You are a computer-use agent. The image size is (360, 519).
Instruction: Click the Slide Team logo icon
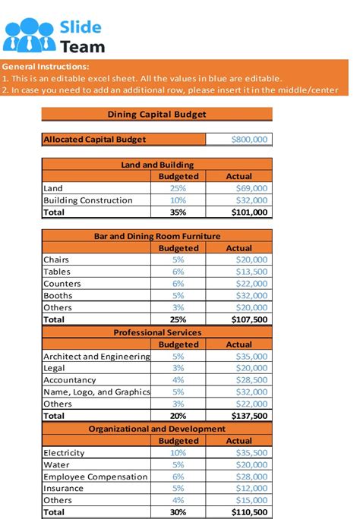point(29,35)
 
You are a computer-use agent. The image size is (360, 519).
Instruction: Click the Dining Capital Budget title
point(156,115)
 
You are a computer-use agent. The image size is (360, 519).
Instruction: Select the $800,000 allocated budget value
point(248,140)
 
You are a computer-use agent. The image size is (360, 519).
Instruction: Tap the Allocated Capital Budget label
point(94,140)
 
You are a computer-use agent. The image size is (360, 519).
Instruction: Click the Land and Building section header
point(156,164)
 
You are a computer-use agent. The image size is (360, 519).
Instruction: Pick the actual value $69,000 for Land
point(251,188)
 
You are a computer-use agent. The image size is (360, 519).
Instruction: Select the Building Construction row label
point(87,200)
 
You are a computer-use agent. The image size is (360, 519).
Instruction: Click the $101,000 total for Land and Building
point(249,212)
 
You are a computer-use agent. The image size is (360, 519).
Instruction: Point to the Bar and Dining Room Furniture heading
point(156,236)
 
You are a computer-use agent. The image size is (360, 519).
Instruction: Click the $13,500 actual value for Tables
point(251,272)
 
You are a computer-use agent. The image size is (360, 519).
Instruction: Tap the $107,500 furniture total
point(249,319)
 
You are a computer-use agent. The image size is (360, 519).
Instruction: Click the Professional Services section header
point(156,332)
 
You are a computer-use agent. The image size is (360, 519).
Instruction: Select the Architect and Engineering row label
point(96,357)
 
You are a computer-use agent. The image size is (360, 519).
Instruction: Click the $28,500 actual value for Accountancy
point(251,380)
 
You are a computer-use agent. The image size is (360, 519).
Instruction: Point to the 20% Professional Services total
point(178,416)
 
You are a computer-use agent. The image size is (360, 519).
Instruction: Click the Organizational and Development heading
point(156,429)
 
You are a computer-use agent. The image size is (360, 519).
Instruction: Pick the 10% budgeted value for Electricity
point(178,453)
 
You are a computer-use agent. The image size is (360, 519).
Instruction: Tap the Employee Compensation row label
point(95,477)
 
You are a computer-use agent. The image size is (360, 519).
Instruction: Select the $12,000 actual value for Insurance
point(251,489)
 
